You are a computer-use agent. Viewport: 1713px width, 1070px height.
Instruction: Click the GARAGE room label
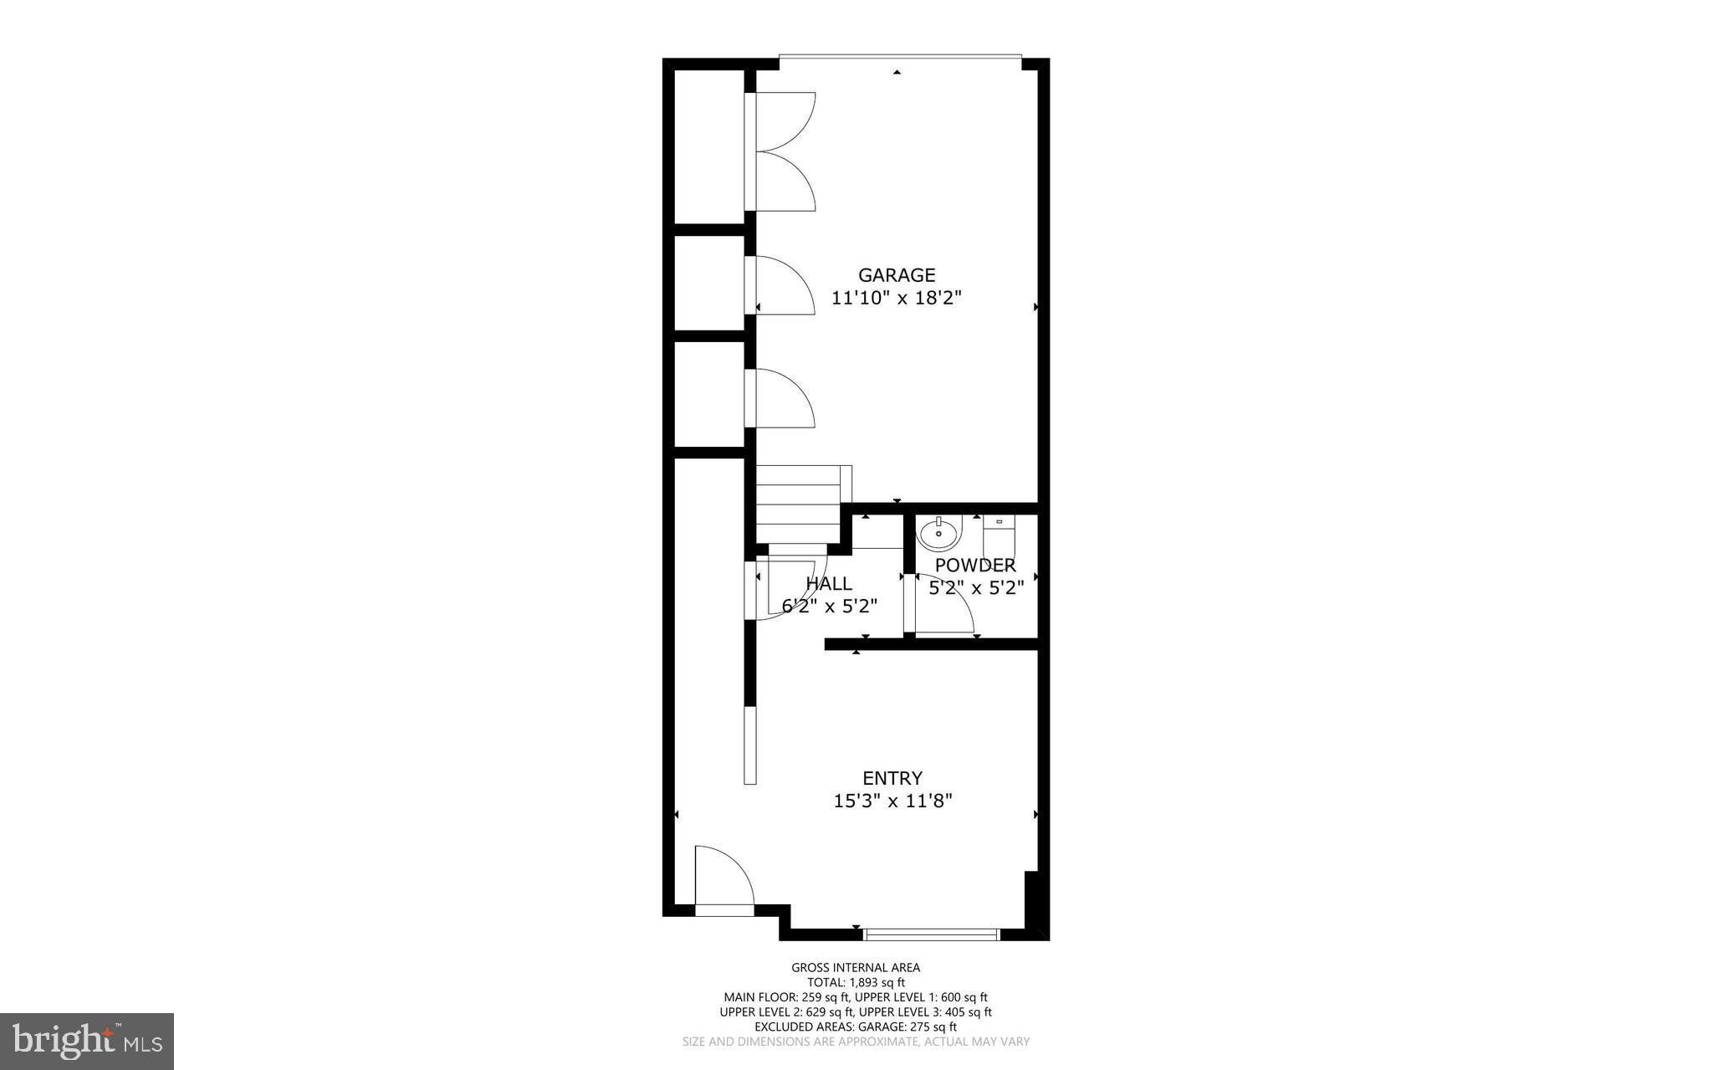point(897,275)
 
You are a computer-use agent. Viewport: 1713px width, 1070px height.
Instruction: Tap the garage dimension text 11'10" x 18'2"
point(897,298)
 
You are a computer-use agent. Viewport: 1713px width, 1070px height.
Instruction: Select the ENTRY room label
point(892,778)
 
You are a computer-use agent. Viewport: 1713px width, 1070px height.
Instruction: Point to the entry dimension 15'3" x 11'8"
point(892,801)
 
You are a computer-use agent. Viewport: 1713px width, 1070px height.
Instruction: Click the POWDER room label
point(975,566)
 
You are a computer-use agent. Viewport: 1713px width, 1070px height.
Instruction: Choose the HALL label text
point(829,584)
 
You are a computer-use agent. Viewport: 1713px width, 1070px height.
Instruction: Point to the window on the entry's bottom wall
point(931,934)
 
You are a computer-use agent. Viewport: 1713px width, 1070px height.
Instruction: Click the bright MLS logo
point(87,1041)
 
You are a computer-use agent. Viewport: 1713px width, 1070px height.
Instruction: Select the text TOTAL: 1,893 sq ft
point(856,983)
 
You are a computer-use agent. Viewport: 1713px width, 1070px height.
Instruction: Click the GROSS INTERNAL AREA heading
point(856,968)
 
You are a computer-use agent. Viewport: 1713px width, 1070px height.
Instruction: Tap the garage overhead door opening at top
point(900,58)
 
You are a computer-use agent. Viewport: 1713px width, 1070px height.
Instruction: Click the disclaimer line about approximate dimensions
point(856,1042)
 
